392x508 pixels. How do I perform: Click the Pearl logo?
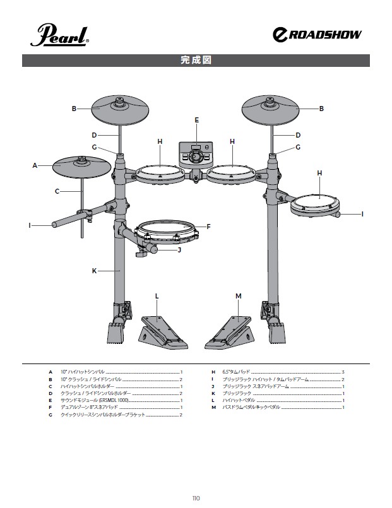pos(59,35)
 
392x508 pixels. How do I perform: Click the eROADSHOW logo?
pos(317,35)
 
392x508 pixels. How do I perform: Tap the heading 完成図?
pos(196,60)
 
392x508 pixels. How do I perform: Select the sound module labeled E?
pos(196,155)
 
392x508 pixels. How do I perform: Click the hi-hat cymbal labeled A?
pos(82,167)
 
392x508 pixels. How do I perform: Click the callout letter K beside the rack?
pos(94,271)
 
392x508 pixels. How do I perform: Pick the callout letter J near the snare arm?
pos(179,250)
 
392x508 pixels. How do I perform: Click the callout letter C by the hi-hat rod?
pos(57,191)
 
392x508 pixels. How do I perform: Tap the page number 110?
pos(196,499)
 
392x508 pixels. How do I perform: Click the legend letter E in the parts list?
pos(50,401)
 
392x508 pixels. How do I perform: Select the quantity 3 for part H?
pos(343,372)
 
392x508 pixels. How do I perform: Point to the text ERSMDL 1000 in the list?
pos(114,401)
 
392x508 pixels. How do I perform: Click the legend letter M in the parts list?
pos(213,407)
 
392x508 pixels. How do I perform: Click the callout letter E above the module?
pos(197,120)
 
